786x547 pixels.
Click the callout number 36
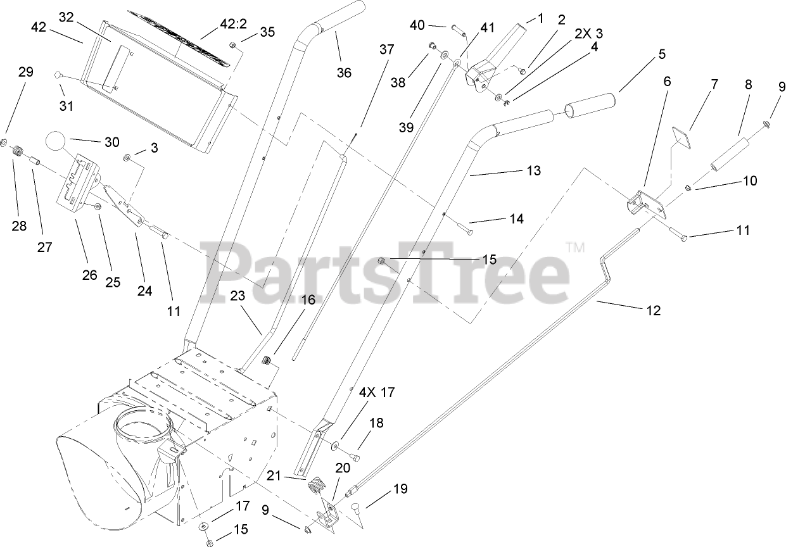pos(344,72)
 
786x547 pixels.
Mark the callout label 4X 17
pos(378,393)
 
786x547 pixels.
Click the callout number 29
pos(25,72)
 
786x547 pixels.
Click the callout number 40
pos(417,25)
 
